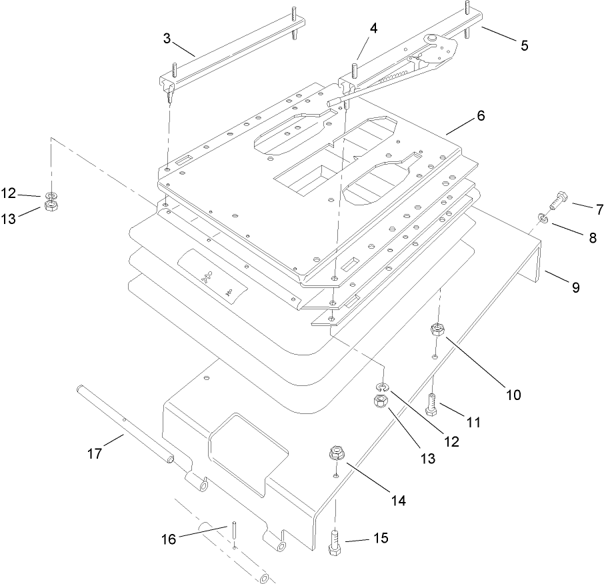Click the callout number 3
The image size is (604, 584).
click(x=166, y=38)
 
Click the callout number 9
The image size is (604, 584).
click(x=575, y=287)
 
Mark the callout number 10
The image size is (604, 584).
click(x=513, y=395)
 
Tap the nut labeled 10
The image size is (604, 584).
click(x=437, y=329)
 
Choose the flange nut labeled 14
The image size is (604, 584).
click(x=336, y=456)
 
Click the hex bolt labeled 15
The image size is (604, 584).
click(x=335, y=539)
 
